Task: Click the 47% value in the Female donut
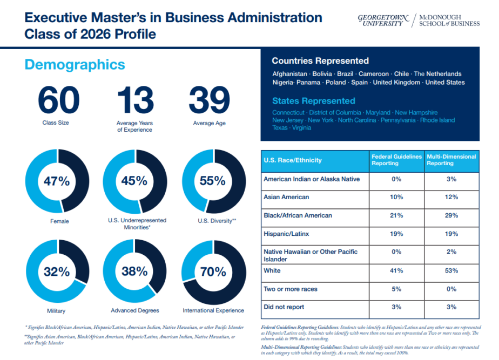[x=57, y=181]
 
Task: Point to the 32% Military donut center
[x=57, y=271]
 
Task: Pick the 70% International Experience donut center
[x=213, y=271]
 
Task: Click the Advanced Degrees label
[x=134, y=310]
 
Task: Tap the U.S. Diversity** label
[x=213, y=221]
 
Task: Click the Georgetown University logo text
[x=383, y=21]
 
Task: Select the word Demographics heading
[x=75, y=65]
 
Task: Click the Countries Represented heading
[x=320, y=61]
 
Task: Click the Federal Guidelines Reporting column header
[x=396, y=160]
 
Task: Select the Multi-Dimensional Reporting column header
[x=451, y=160]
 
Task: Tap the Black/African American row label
[x=298, y=215]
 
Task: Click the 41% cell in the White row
[x=396, y=271]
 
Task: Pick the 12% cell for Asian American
[x=451, y=197]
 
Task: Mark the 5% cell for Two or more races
[x=396, y=289]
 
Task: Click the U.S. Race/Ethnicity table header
[x=293, y=160]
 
